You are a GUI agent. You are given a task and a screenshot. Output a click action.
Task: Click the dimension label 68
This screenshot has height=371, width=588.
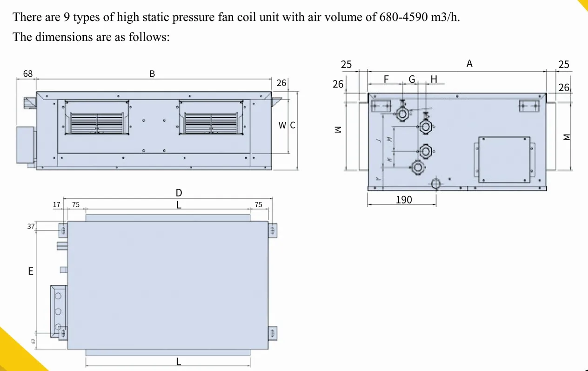pyautogui.click(x=28, y=74)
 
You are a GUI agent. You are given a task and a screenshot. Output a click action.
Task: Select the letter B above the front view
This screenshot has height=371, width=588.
pyautogui.click(x=152, y=74)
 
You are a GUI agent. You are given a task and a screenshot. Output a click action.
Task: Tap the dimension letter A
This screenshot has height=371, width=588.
pyautogui.click(x=469, y=64)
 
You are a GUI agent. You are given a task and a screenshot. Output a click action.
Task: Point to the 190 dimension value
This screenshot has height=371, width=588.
pyautogui.click(x=404, y=200)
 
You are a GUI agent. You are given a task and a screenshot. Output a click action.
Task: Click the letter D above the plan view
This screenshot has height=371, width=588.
pyautogui.click(x=179, y=193)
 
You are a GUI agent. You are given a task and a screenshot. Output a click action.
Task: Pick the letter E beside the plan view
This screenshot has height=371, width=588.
pyautogui.click(x=31, y=271)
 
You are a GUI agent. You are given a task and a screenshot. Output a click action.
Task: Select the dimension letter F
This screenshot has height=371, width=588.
pyautogui.click(x=386, y=79)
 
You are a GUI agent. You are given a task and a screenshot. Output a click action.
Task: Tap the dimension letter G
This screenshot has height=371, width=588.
pyautogui.click(x=412, y=79)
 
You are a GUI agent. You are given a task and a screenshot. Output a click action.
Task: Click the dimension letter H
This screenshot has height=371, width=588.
pyautogui.click(x=434, y=79)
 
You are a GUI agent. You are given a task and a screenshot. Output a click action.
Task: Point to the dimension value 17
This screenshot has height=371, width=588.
pyautogui.click(x=57, y=204)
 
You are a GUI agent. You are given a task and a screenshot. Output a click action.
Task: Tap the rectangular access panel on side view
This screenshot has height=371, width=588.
pyautogui.click(x=504, y=159)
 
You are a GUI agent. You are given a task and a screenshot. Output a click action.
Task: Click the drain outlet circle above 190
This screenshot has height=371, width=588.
pyautogui.click(x=436, y=183)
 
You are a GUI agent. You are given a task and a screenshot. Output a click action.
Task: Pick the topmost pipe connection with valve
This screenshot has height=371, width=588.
pyautogui.click(x=403, y=113)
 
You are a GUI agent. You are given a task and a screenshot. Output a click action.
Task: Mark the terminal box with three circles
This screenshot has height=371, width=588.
pyautogui.click(x=59, y=310)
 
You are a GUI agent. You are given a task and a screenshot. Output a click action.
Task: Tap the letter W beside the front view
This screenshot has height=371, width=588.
pyautogui.click(x=282, y=125)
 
